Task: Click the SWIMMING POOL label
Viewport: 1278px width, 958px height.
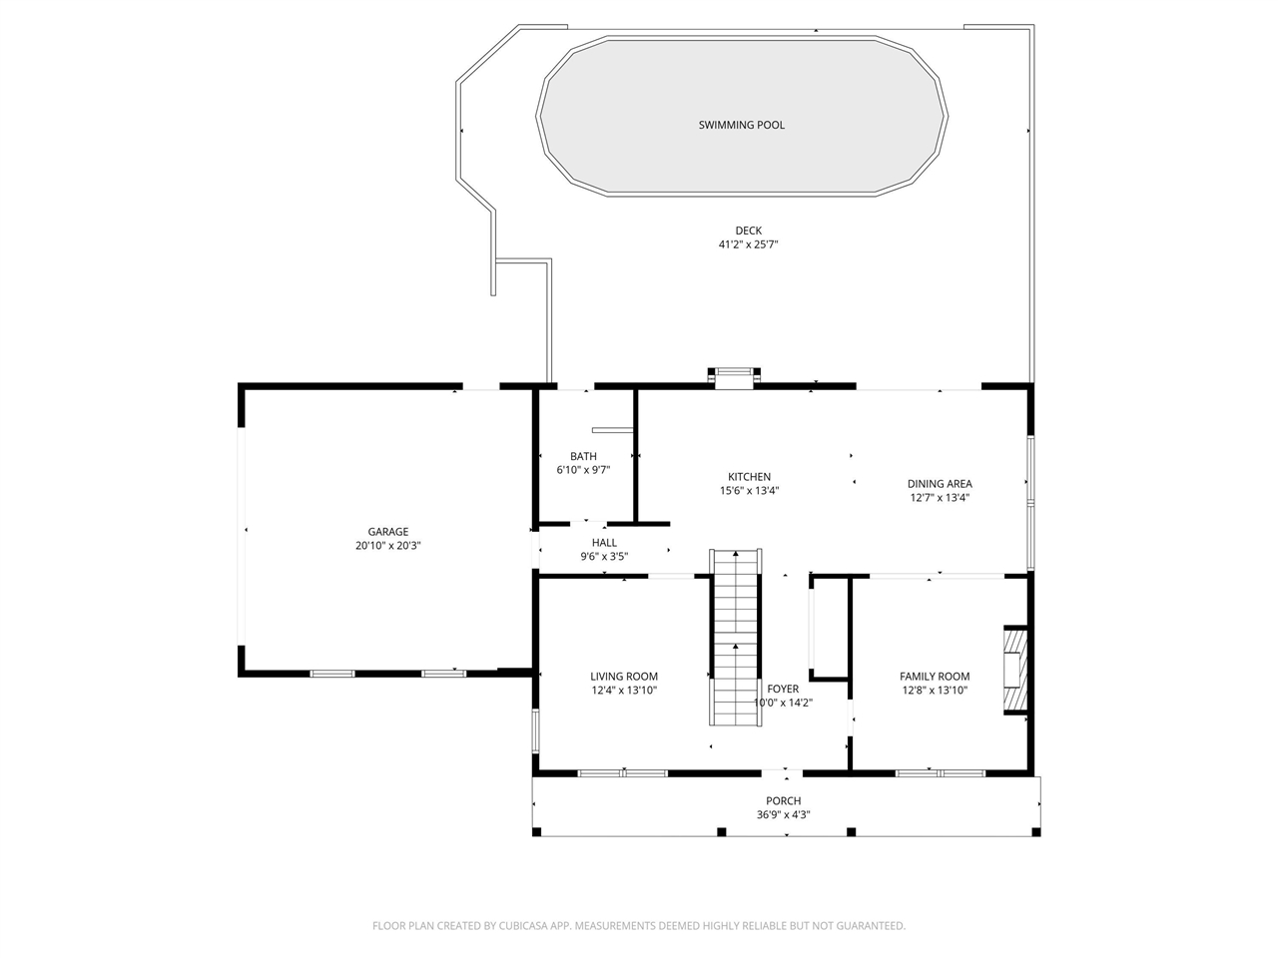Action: click(741, 125)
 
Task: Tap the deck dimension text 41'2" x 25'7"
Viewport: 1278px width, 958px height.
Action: click(748, 244)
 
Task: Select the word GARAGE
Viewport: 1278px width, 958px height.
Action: click(387, 532)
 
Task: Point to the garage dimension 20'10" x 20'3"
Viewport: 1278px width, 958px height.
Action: click(387, 546)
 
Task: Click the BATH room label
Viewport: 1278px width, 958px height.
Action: click(583, 456)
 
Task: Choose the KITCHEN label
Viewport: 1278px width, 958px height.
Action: click(749, 476)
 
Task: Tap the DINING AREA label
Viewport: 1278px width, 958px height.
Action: click(940, 483)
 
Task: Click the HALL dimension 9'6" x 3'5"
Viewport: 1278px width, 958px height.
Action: click(604, 556)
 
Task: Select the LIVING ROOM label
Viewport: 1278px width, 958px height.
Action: click(624, 676)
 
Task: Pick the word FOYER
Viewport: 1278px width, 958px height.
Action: click(783, 689)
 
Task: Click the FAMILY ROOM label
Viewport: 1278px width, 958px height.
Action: click(934, 676)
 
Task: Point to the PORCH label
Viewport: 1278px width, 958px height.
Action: click(783, 801)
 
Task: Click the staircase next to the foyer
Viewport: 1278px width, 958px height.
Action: click(736, 637)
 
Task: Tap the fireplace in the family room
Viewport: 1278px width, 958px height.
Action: click(1014, 670)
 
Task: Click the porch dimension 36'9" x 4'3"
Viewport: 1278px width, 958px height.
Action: click(783, 815)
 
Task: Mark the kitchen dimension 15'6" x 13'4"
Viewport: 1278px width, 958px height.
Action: click(749, 490)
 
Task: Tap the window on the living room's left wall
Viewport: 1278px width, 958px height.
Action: click(535, 730)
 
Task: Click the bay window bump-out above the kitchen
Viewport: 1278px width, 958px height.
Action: click(734, 377)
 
